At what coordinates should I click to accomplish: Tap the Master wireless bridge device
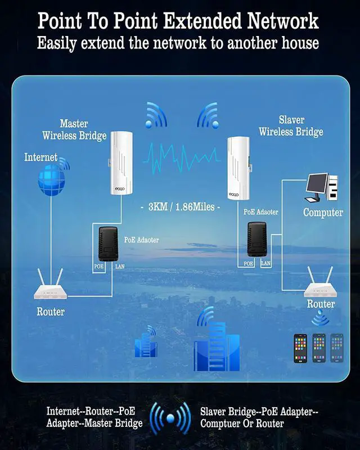(121, 163)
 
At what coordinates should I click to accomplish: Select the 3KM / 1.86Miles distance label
(179, 206)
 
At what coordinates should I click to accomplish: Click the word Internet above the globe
(40, 157)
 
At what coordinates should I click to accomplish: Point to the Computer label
(323, 213)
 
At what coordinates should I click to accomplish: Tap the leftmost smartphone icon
(300, 348)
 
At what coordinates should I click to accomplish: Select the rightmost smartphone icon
(336, 348)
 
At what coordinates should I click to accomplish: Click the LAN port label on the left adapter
(119, 265)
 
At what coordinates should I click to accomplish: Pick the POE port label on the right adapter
(248, 263)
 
